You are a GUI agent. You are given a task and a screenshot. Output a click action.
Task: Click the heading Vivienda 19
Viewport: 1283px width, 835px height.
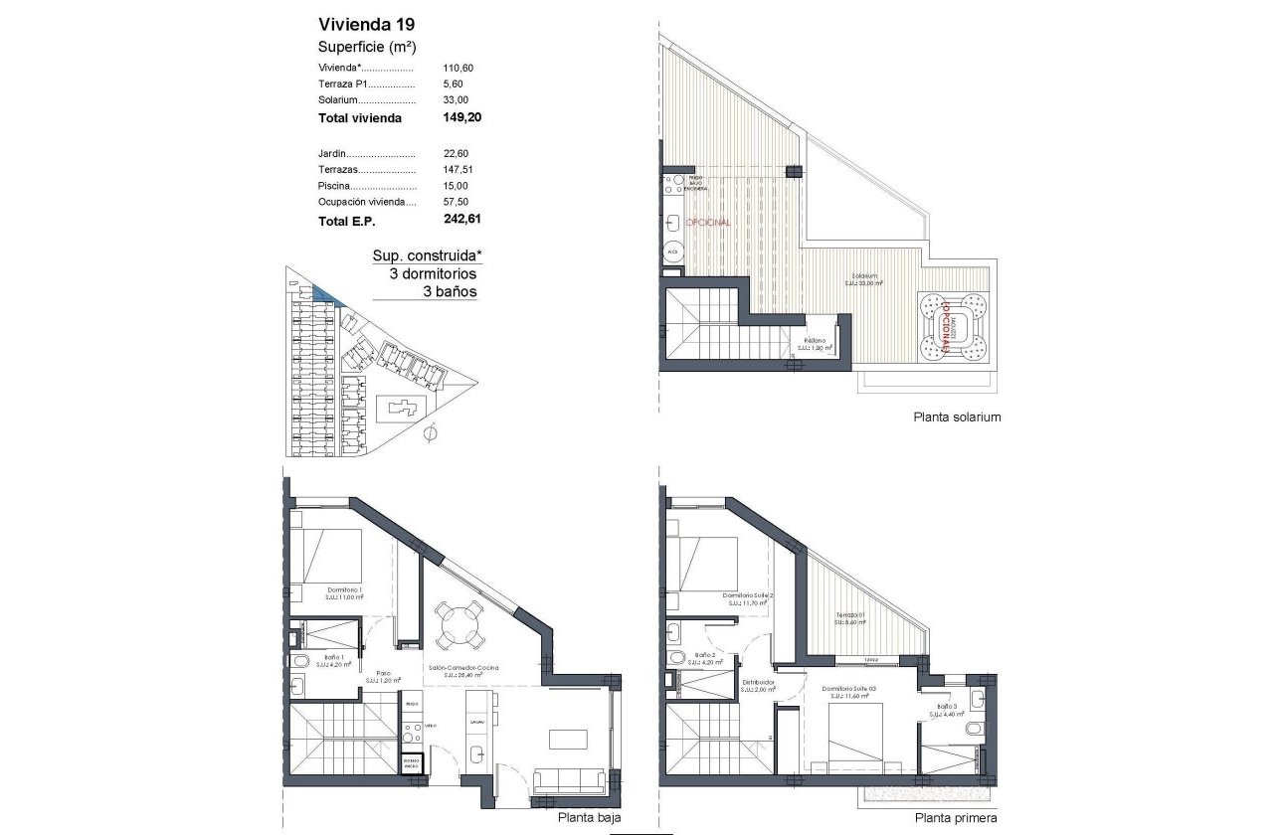360,25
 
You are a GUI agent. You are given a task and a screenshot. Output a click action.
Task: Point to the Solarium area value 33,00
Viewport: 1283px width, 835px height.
456,100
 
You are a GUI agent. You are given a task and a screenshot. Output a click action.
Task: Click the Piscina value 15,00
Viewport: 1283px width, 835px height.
456,186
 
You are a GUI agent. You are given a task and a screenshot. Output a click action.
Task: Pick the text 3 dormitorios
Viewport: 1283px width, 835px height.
425,273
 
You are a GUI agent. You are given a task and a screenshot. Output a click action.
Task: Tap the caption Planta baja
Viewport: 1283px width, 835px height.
582,817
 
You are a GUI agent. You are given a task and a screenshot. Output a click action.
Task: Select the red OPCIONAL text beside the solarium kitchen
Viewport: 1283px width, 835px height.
708,223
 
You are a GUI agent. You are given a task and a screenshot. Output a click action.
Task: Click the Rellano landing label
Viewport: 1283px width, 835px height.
816,341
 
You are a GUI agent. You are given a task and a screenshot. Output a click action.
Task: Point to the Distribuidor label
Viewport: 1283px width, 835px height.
758,683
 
